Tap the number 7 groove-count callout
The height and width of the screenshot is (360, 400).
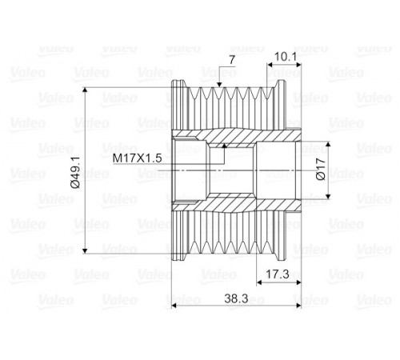click(232, 60)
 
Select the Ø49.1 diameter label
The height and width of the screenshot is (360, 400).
click(76, 172)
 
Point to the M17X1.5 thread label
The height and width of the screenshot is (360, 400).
click(137, 158)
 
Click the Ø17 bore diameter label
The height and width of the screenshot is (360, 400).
click(321, 169)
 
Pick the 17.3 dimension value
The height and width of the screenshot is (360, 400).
click(278, 274)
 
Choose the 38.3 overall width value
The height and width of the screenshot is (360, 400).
click(236, 298)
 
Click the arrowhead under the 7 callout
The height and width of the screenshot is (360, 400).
click(219, 85)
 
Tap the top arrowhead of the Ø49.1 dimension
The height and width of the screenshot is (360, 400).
click(85, 90)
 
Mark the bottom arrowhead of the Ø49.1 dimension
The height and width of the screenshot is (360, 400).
click(85, 250)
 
